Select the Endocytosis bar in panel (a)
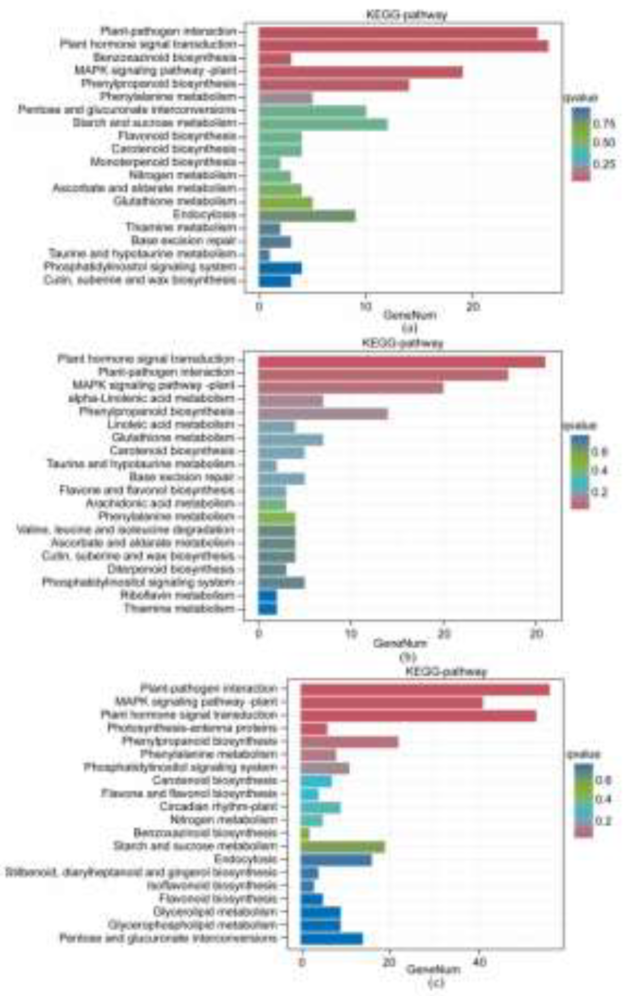coord(307,216)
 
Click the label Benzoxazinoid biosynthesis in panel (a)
coord(165,58)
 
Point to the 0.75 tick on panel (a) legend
coord(604,123)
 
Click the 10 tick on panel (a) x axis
coord(365,307)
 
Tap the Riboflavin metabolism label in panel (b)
coord(178,595)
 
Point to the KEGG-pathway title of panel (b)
coord(403,343)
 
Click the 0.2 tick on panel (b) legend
coord(599,492)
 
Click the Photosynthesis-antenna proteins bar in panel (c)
coord(314,728)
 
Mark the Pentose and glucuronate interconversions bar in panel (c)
coord(332,938)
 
